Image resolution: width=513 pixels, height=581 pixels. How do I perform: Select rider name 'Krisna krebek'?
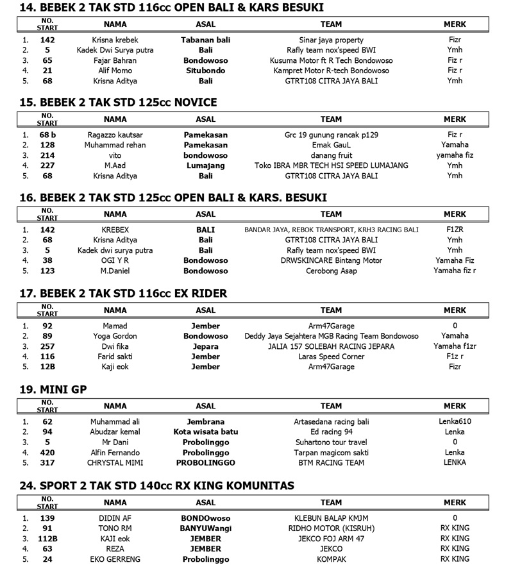coord(115,40)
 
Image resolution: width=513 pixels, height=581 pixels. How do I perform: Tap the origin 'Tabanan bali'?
coord(205,40)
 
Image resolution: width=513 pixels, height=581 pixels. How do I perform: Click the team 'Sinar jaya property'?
coord(331,40)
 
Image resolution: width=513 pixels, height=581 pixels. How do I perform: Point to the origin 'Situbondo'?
coord(205,71)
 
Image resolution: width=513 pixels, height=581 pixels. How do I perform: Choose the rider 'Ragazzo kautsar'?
coord(115,135)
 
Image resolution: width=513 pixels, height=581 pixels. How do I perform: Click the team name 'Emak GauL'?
coord(331,145)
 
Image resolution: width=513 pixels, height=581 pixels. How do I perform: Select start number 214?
coord(47,155)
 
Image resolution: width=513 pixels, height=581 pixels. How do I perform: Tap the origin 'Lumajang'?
coord(205,165)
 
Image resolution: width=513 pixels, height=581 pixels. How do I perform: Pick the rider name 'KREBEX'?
coord(115,230)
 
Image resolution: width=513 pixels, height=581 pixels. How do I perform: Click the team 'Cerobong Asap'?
coord(331,271)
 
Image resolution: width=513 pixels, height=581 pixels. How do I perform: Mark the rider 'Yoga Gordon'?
coord(115,336)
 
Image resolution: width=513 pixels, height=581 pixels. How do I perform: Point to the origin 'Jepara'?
coord(205,346)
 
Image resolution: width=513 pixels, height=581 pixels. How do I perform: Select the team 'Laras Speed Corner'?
coord(331,357)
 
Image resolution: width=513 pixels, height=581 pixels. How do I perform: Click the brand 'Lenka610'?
coord(455,421)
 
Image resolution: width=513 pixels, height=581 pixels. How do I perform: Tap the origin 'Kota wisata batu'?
coord(205,432)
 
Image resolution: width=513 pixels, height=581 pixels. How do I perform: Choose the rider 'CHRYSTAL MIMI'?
coord(115,462)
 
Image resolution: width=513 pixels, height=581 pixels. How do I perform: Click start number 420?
coord(47,452)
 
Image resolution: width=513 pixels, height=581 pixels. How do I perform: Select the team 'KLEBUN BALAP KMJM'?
coord(331,518)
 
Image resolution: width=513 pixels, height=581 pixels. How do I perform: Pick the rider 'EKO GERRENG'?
coord(115,559)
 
